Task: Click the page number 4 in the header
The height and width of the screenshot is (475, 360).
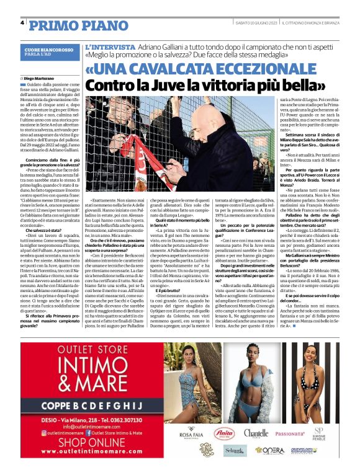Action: [22, 23]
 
